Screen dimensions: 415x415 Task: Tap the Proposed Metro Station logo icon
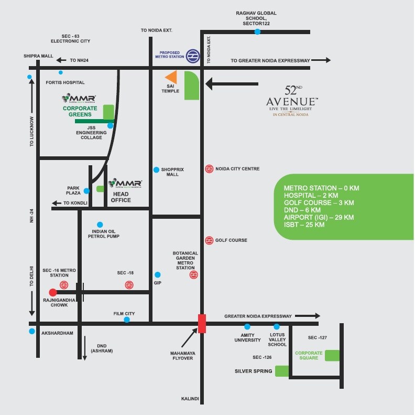(x=193, y=55)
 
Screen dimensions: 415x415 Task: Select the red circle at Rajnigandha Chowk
(x=53, y=292)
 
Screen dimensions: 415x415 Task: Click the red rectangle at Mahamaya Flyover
(x=202, y=323)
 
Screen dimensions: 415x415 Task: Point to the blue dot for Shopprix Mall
(x=156, y=169)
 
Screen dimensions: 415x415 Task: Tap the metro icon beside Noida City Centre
(x=209, y=169)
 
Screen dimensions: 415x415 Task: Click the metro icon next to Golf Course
(x=209, y=240)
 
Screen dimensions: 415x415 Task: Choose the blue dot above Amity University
(x=247, y=326)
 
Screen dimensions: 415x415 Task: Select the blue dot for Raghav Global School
(x=257, y=32)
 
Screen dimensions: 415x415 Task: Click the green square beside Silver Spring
(x=282, y=371)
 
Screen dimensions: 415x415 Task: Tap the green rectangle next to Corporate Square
(x=332, y=355)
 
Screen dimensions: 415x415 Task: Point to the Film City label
(x=124, y=314)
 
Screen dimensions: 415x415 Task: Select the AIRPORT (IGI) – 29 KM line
(x=319, y=217)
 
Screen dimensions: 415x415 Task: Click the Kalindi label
(x=190, y=399)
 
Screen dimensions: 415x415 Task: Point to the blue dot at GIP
(x=157, y=274)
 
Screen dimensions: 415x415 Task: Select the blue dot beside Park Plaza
(x=86, y=190)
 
